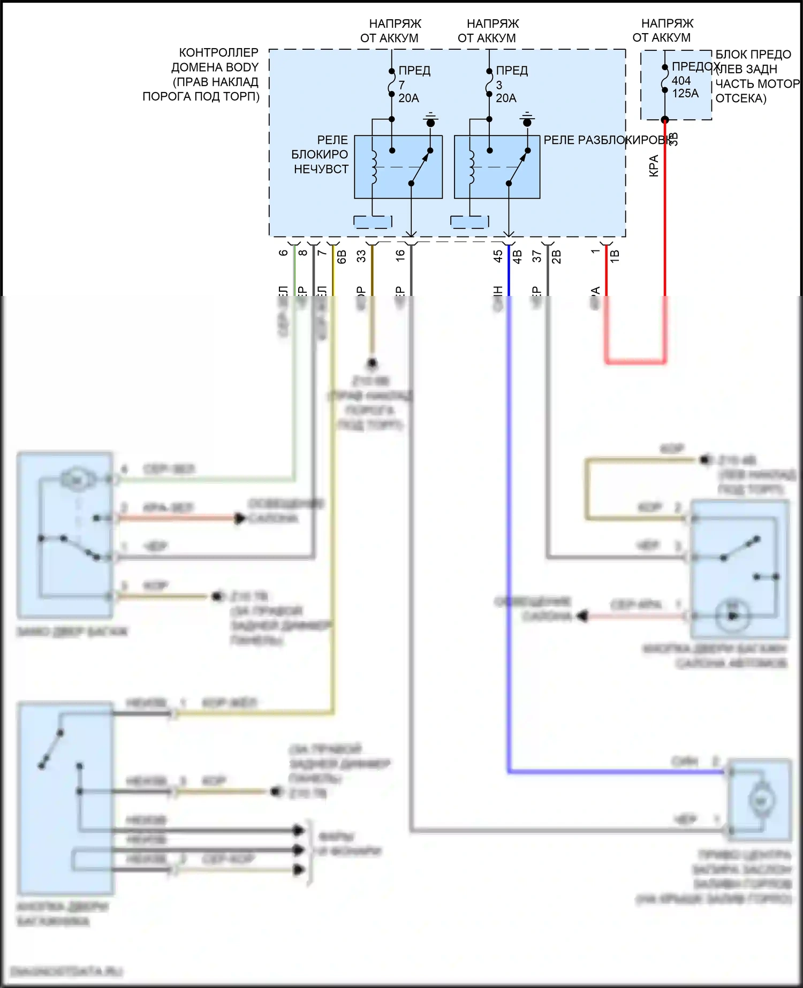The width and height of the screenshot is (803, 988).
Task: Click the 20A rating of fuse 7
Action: [408, 98]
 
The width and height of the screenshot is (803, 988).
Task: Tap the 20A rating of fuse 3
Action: [506, 98]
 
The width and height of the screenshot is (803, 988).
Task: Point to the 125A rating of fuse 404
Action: [685, 94]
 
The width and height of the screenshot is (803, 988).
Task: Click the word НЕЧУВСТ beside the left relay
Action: [321, 169]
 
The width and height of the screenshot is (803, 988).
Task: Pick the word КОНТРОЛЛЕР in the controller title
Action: [218, 53]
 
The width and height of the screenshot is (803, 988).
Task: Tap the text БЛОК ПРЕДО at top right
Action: [753, 55]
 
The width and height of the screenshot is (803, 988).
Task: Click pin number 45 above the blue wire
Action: [498, 256]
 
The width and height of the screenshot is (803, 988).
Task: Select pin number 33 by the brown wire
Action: [362, 256]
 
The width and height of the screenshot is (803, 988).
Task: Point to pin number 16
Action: [400, 256]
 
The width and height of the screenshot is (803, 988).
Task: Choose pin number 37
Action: [537, 256]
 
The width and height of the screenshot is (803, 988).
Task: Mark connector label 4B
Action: [518, 257]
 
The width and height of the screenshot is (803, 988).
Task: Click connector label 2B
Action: [557, 257]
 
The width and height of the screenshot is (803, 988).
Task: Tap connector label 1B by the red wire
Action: [615, 256]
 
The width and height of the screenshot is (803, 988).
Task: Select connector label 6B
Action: [342, 257]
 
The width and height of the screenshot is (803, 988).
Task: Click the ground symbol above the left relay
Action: [430, 120]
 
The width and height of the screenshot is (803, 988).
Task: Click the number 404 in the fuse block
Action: [681, 81]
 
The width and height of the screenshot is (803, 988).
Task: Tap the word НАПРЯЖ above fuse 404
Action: [667, 24]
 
